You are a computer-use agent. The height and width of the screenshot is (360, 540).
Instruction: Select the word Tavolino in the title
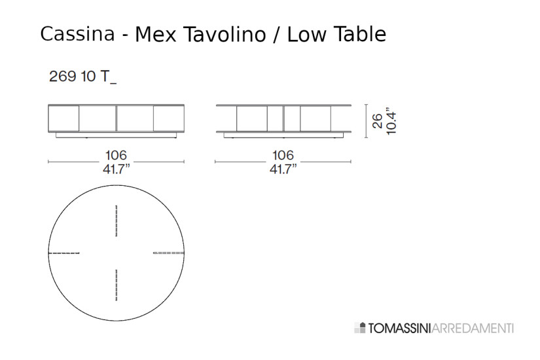[x=223, y=33]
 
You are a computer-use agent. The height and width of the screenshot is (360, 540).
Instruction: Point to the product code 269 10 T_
[x=82, y=77]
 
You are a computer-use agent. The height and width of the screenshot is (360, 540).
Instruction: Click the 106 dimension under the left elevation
[x=116, y=156]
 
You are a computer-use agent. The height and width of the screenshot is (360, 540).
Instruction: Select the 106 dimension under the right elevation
[x=283, y=156]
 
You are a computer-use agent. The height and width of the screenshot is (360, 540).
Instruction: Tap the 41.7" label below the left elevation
[x=117, y=169]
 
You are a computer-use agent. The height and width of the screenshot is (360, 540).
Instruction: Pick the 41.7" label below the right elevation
[x=283, y=169]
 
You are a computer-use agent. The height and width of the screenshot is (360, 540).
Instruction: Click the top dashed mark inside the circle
[x=117, y=221]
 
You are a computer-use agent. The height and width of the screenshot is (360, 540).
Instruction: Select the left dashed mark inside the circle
[x=64, y=253]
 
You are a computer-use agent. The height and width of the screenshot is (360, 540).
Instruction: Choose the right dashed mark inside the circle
[x=169, y=253]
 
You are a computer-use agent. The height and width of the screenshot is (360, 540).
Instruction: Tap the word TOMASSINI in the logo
[x=397, y=327]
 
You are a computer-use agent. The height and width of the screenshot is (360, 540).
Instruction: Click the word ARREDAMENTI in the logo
[x=473, y=327]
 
